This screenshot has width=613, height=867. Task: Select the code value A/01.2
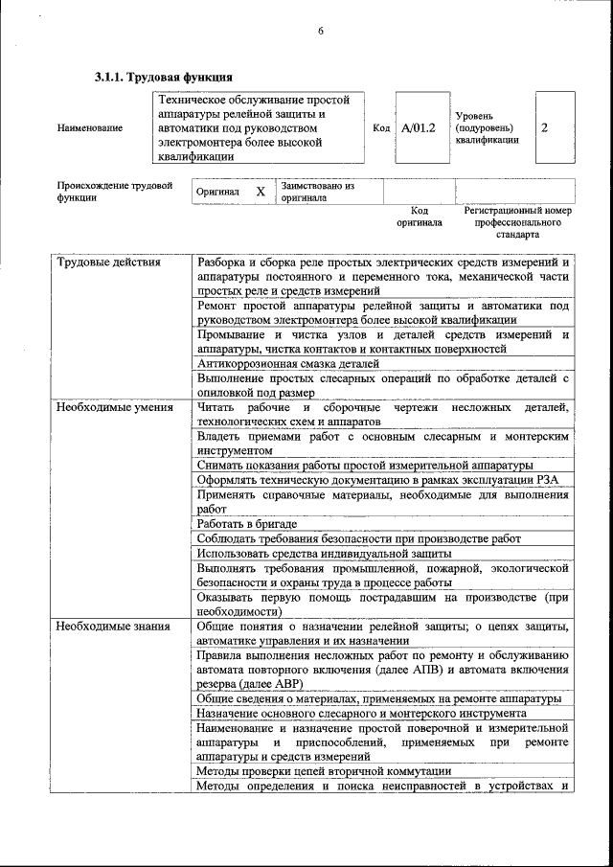click(418, 127)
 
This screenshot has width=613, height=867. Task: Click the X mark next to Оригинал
click(260, 192)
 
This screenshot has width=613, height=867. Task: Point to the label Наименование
click(90, 127)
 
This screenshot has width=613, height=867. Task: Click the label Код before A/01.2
click(381, 127)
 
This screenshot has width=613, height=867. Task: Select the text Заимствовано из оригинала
click(317, 192)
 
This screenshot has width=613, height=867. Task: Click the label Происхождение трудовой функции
click(114, 192)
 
